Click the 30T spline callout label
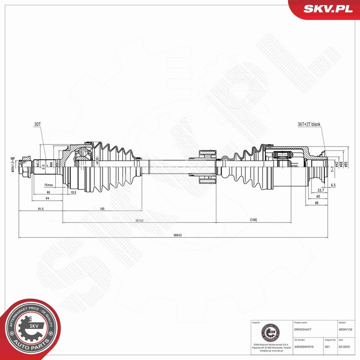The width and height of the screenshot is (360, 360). click(x=37, y=124)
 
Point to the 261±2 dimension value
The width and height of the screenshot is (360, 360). click(x=139, y=220)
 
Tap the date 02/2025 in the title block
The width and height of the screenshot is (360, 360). click(x=345, y=346)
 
